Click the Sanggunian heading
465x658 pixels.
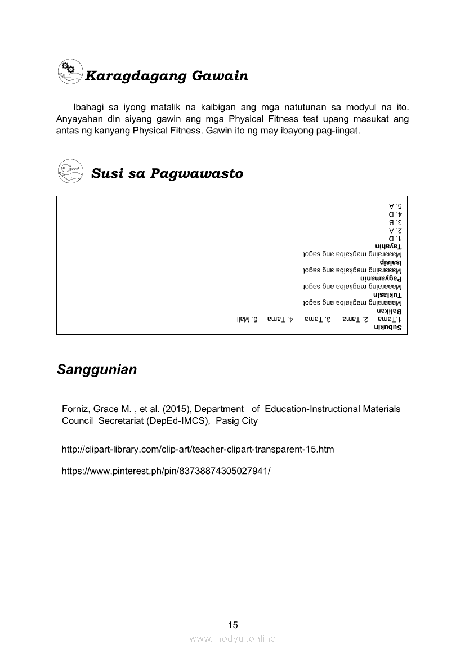tap(97, 370)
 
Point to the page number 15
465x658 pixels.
tap(232, 625)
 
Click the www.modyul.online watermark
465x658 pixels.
tap(232, 638)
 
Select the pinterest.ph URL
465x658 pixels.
tap(166, 470)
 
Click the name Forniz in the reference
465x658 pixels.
tap(76, 409)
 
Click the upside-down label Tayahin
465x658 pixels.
tap(389, 247)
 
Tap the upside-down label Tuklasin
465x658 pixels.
tap(388, 295)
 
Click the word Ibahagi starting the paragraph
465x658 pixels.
tap(88, 106)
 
